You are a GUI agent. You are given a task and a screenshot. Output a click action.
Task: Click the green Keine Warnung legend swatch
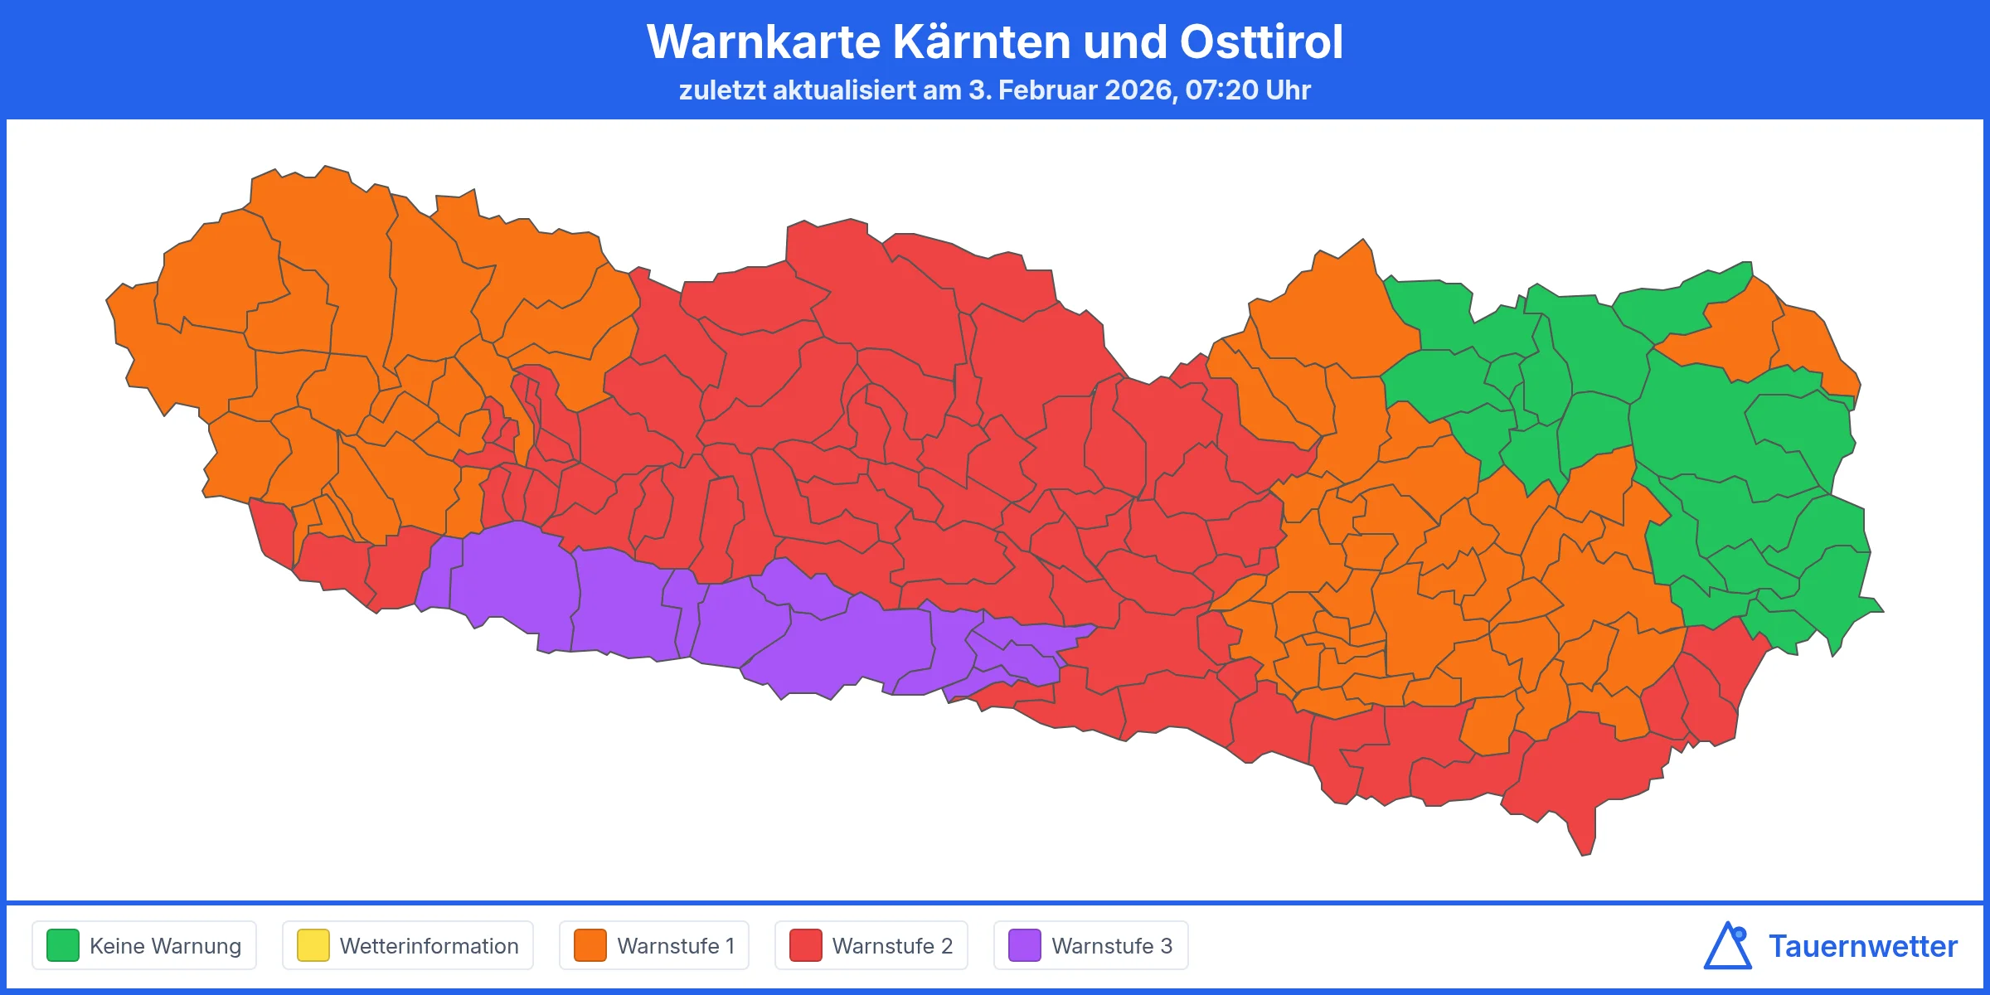(x=63, y=945)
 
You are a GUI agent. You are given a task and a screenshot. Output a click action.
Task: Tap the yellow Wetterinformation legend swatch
(x=313, y=945)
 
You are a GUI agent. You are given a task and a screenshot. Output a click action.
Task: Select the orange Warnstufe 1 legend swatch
(x=590, y=945)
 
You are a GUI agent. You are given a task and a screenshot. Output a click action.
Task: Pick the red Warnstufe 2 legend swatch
(x=806, y=945)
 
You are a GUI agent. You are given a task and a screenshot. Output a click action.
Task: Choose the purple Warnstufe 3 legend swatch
(x=1025, y=945)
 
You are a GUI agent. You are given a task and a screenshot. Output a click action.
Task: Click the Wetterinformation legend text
(x=429, y=946)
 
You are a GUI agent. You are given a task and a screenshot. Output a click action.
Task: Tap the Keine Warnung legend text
(x=165, y=946)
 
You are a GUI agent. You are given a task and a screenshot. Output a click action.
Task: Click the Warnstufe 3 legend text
(x=1112, y=946)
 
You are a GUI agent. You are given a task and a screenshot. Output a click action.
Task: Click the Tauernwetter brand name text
(x=1863, y=946)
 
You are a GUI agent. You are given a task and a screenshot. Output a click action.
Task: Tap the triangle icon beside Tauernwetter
(x=1728, y=947)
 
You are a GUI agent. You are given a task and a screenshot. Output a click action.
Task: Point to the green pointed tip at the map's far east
(x=1876, y=609)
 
